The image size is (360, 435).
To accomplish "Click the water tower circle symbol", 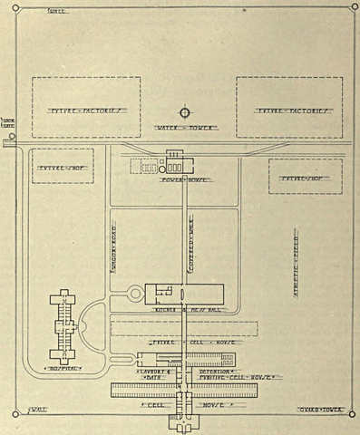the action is click(184, 112).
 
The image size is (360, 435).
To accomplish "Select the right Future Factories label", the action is click(289, 112).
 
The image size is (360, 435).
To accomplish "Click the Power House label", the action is click(185, 179).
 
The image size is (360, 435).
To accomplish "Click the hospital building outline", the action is click(63, 326).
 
